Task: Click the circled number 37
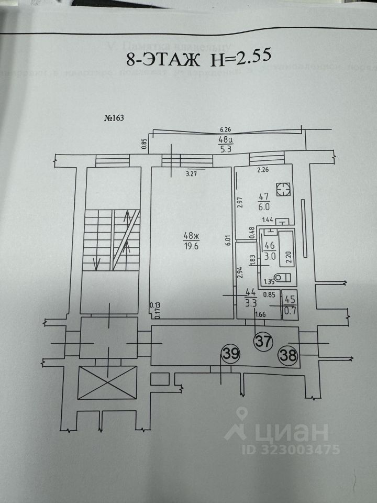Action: (x=263, y=342)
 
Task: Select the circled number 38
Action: (x=288, y=356)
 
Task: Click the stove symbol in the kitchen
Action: (x=283, y=189)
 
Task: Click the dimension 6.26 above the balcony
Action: (x=226, y=129)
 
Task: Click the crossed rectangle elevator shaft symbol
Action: (x=107, y=382)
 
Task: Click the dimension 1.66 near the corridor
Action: (x=260, y=314)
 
